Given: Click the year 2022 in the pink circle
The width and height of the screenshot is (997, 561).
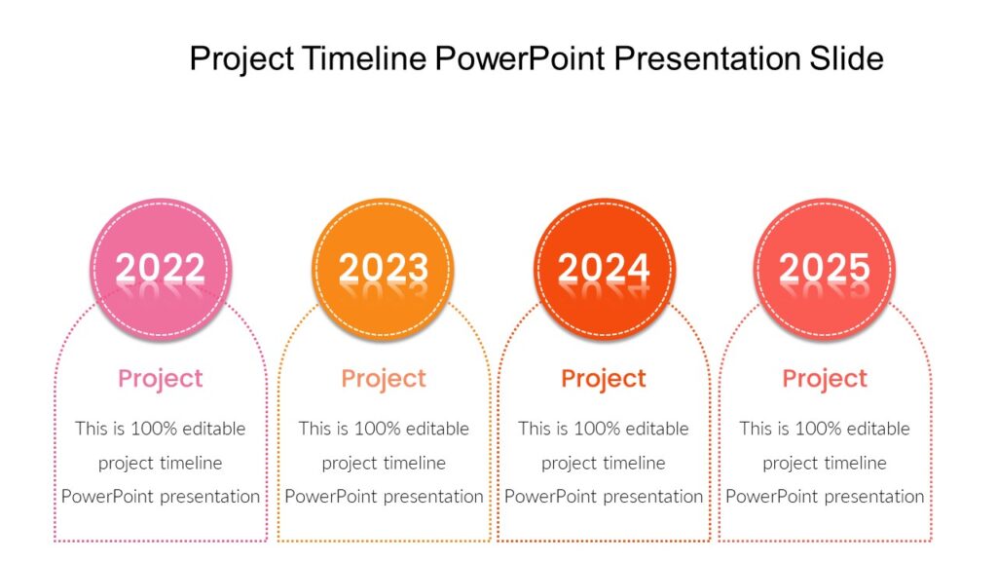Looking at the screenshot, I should (x=161, y=268).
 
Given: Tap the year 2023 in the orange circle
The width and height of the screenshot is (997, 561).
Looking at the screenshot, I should (x=383, y=268).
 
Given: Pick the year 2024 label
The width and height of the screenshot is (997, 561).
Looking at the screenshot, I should (x=604, y=268).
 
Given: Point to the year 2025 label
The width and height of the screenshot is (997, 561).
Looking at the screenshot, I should (x=825, y=268).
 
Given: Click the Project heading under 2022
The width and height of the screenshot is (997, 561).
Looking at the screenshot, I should (x=161, y=379).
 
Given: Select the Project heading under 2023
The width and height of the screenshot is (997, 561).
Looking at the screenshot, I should (x=384, y=379).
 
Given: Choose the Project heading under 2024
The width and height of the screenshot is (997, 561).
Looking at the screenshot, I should (x=604, y=379).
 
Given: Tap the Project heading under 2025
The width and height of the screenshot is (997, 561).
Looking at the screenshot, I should (x=825, y=379).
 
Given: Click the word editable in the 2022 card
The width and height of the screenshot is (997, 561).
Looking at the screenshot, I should (x=213, y=429).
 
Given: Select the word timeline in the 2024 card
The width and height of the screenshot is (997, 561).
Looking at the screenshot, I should (x=634, y=463).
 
